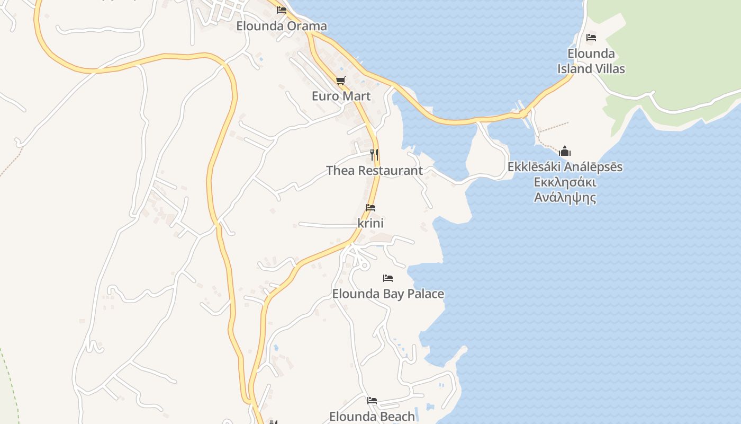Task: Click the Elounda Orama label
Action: pyautogui.click(x=281, y=26)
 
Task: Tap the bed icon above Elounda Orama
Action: pyautogui.click(x=282, y=10)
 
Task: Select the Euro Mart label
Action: pyautogui.click(x=341, y=96)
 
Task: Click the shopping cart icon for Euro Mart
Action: pyautogui.click(x=341, y=81)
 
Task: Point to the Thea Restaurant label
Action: pyautogui.click(x=374, y=171)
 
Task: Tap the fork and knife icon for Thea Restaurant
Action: pyautogui.click(x=374, y=154)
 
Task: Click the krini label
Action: pyautogui.click(x=370, y=223)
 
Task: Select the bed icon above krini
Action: pyautogui.click(x=370, y=207)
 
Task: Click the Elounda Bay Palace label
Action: pyautogui.click(x=388, y=294)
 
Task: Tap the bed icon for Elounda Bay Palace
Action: pyautogui.click(x=388, y=278)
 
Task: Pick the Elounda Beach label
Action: pyautogui.click(x=372, y=417)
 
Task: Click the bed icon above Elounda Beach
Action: pyautogui.click(x=372, y=400)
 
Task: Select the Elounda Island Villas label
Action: pyautogui.click(x=591, y=61)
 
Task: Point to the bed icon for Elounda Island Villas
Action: pyautogui.click(x=591, y=37)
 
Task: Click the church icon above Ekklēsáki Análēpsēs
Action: pyautogui.click(x=565, y=151)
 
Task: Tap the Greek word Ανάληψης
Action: pyautogui.click(x=565, y=198)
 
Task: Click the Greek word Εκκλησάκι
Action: pyautogui.click(x=565, y=183)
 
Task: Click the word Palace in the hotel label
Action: pyautogui.click(x=424, y=294)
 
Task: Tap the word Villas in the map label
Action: pyautogui.click(x=609, y=69)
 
